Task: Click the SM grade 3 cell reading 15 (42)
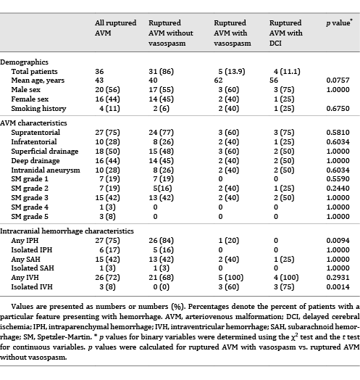click(x=108, y=197)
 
